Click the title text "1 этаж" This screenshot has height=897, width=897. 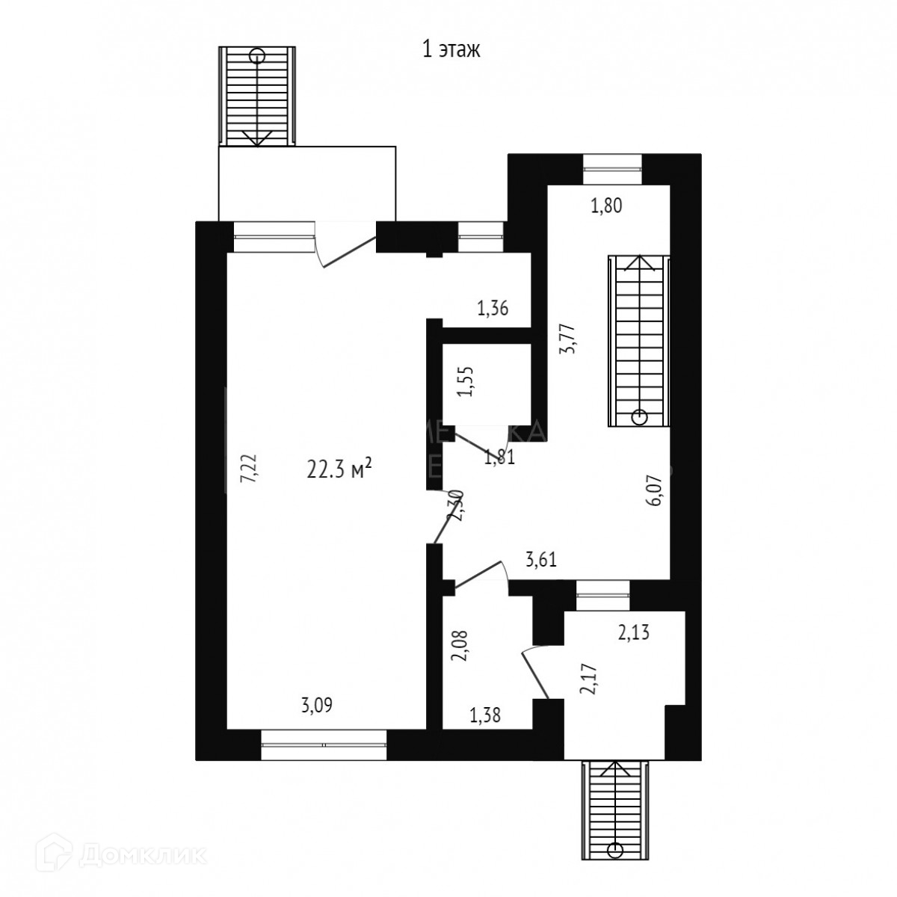[451, 50]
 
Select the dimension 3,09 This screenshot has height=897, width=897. [316, 704]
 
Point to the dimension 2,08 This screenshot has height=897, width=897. [460, 646]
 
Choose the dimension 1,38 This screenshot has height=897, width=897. [484, 716]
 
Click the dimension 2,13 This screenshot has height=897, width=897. [632, 634]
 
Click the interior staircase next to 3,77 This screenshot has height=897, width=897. [639, 341]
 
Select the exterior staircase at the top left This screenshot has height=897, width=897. [257, 95]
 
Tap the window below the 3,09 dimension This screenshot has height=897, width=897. [324, 745]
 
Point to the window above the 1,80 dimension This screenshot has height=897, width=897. [612, 168]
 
